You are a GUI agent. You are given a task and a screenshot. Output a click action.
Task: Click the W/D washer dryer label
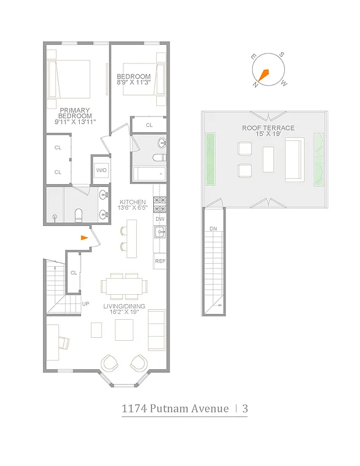point(101,170)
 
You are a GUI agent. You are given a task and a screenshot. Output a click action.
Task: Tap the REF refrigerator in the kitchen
point(160,262)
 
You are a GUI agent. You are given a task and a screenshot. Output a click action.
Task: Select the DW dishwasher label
point(160,219)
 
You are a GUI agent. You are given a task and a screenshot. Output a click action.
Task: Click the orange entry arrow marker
point(84,238)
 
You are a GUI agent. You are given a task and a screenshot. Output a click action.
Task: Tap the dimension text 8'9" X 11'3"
point(134,83)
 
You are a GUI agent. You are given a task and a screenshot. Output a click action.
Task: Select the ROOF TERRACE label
point(268,128)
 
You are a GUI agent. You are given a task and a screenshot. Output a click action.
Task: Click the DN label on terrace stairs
point(213,229)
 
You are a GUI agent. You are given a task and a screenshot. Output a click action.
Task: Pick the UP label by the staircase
point(86,304)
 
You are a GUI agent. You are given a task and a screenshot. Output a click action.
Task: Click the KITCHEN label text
point(133,202)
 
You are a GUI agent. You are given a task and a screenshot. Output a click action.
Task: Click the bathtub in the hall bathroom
point(149,174)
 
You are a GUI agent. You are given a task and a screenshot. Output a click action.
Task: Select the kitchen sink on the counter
point(160,233)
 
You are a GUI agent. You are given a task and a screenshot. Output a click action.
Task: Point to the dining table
point(124,285)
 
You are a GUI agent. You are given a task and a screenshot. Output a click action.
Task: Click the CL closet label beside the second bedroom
point(149,125)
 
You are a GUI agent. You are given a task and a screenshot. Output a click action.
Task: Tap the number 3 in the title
point(245,408)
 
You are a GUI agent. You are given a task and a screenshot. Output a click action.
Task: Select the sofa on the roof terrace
point(294,160)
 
